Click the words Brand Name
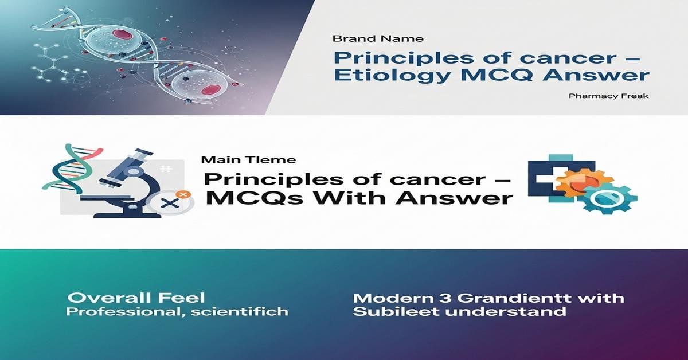click(378, 39)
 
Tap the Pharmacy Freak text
click(608, 96)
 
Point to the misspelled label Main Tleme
click(241, 160)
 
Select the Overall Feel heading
click(136, 298)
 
